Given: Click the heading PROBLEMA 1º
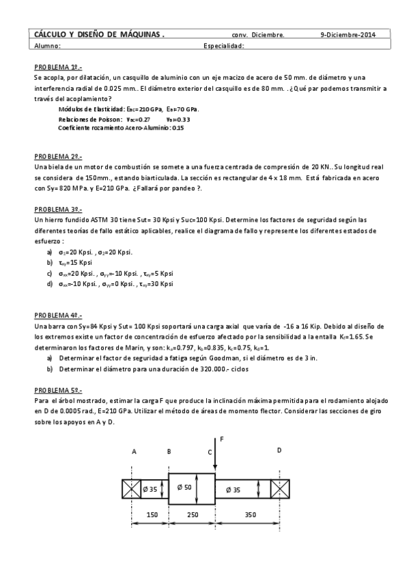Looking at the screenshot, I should (58, 68).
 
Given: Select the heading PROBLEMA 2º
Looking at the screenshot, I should (58, 156).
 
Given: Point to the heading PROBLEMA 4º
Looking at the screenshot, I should (58, 316).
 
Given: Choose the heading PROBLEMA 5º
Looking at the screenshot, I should (58, 389).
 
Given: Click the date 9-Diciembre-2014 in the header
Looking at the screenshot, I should (348, 34).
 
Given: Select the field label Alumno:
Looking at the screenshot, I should (48, 46).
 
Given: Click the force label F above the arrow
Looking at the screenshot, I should (221, 438).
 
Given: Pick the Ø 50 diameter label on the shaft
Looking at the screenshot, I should (184, 488).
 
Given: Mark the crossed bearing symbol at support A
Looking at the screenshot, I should (131, 489).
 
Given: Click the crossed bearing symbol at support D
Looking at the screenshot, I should (280, 489).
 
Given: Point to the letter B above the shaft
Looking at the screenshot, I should (169, 451).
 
